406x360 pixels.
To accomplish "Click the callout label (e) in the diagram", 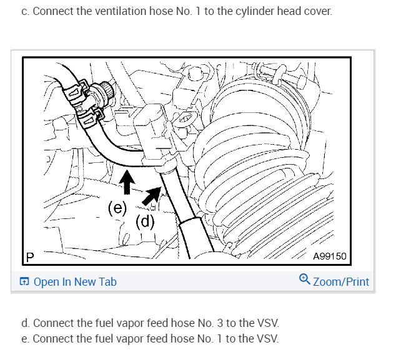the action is [x=117, y=208].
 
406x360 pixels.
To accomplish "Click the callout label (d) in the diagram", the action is [x=145, y=221].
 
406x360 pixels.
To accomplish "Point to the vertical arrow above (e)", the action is [x=127, y=183].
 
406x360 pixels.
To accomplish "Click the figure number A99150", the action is [x=329, y=256].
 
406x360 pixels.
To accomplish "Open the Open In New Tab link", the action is [x=75, y=282].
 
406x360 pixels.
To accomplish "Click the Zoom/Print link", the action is [x=340, y=282].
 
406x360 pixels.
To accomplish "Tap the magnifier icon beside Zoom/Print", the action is [x=304, y=281].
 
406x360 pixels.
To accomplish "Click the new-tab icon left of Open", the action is [x=24, y=282].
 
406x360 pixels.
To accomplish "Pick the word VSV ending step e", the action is [x=269, y=339].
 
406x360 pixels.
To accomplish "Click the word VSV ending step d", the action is [x=269, y=323].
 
